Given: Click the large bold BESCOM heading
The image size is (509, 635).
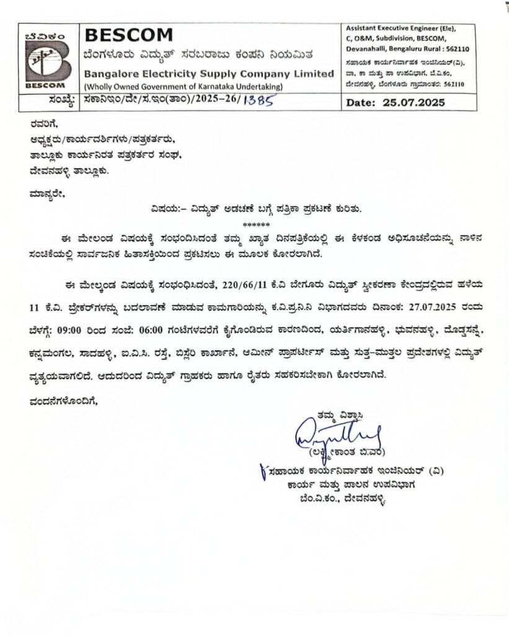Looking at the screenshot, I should (x=120, y=35).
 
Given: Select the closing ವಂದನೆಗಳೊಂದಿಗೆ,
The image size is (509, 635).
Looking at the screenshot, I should (x=64, y=401).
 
